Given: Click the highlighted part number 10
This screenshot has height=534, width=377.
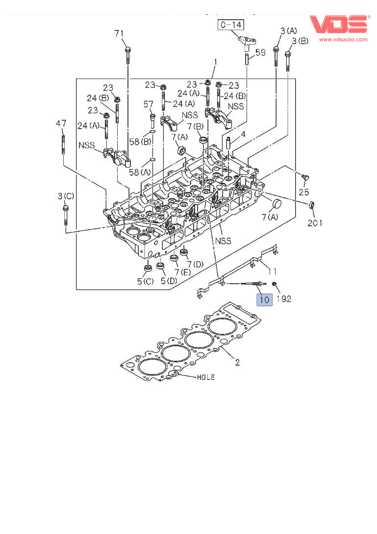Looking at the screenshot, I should (x=264, y=299).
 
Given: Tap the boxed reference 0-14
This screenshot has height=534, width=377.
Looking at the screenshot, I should (x=231, y=25).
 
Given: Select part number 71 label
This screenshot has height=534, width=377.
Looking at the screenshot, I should (x=120, y=33).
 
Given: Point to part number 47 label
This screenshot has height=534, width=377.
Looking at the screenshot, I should (x=61, y=124).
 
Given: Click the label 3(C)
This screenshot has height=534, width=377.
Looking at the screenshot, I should (x=65, y=196).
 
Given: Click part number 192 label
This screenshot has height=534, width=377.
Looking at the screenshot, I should (x=285, y=298).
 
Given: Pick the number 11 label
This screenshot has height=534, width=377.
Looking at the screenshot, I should (x=272, y=270).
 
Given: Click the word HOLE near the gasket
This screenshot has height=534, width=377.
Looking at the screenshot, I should (x=205, y=377).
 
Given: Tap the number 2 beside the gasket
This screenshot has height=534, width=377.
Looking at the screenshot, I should (x=237, y=363).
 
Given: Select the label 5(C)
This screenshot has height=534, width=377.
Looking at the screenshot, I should (x=145, y=281).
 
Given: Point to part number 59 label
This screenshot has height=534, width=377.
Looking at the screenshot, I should (x=260, y=52).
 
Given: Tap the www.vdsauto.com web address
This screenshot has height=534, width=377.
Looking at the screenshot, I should (x=343, y=39).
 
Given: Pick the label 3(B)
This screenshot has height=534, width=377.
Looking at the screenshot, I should (x=300, y=41).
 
